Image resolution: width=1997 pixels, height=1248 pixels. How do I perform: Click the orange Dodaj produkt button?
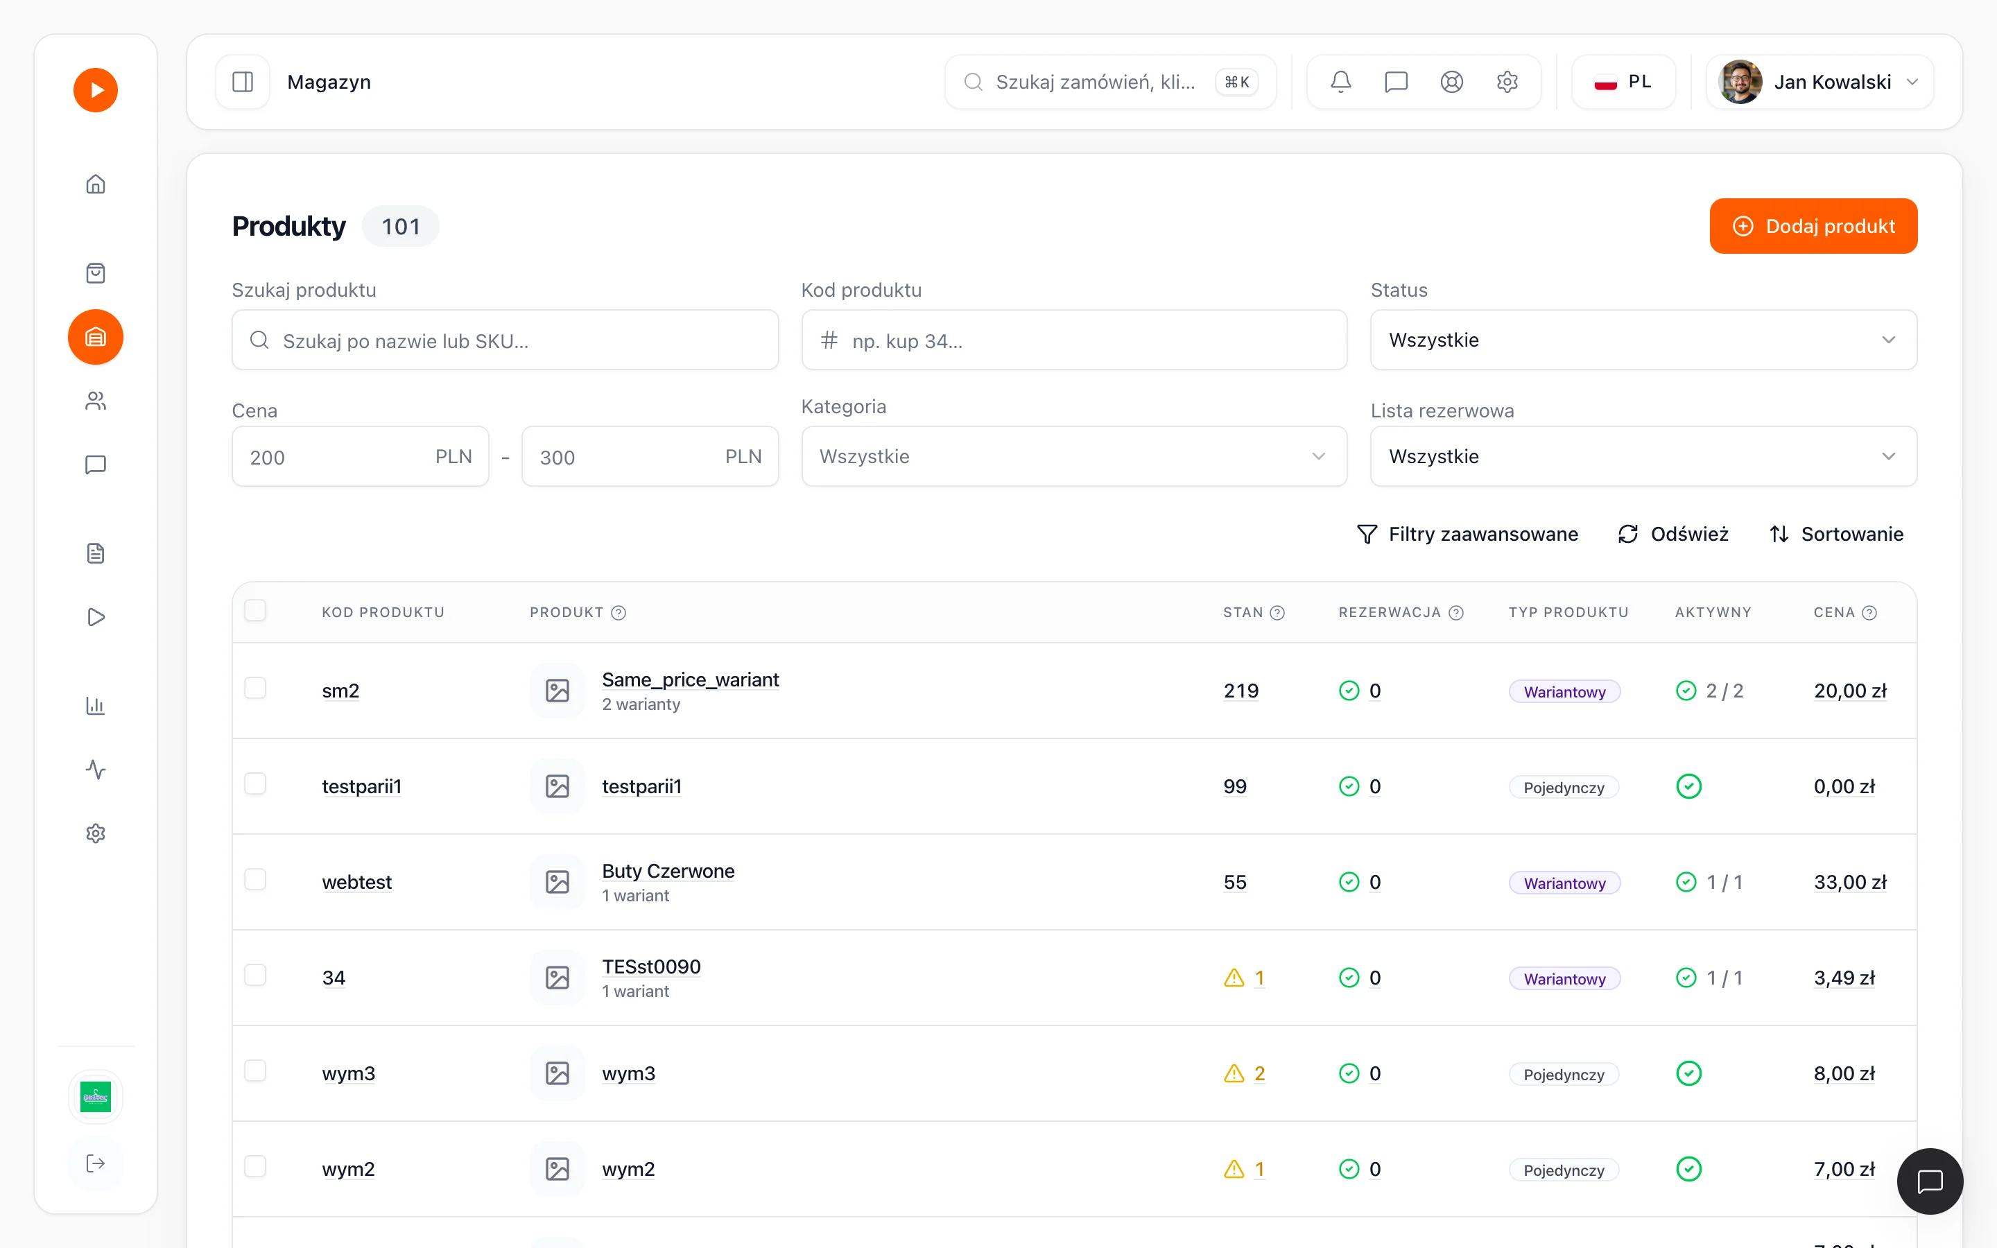tap(1813, 226)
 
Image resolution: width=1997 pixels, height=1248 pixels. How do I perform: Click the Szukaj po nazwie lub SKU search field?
tap(505, 340)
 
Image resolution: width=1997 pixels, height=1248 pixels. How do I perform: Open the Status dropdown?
tap(1643, 340)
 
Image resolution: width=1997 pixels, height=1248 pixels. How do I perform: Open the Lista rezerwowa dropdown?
tap(1643, 456)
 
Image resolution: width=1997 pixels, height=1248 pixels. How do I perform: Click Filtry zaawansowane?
tap(1467, 534)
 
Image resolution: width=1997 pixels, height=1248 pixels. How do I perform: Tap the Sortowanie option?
tap(1836, 534)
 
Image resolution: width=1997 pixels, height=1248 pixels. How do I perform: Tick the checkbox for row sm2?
tap(256, 688)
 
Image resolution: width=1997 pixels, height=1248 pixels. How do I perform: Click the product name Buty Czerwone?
tap(668, 871)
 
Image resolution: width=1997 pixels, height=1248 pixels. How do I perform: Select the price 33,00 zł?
tap(1850, 883)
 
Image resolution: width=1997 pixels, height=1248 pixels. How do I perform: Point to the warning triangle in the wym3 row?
tap(1234, 1073)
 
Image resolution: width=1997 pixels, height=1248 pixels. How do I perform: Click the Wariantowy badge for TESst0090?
tap(1564, 978)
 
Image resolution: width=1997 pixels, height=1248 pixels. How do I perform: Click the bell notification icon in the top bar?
tap(1341, 82)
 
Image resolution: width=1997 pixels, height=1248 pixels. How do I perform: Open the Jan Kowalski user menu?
tap(1819, 82)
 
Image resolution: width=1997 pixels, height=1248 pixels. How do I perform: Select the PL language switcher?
tap(1623, 82)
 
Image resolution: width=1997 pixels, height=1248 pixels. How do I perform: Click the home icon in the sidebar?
tap(96, 184)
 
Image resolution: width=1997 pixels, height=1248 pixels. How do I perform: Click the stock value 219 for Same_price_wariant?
tap(1241, 691)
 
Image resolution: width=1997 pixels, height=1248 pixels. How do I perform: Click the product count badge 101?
tap(401, 226)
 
